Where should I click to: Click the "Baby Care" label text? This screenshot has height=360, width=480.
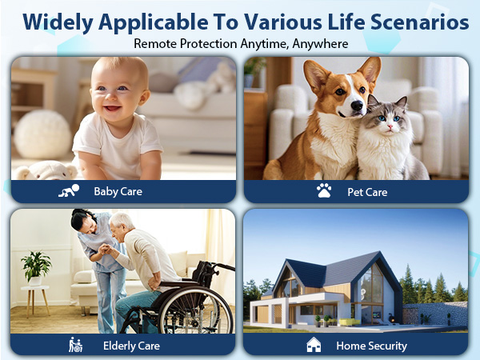[118, 191]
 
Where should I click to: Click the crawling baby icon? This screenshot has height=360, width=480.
[69, 191]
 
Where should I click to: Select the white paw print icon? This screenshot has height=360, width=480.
[324, 191]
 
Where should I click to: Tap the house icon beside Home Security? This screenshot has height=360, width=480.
[314, 345]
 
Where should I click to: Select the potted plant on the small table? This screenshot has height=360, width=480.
[36, 266]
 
